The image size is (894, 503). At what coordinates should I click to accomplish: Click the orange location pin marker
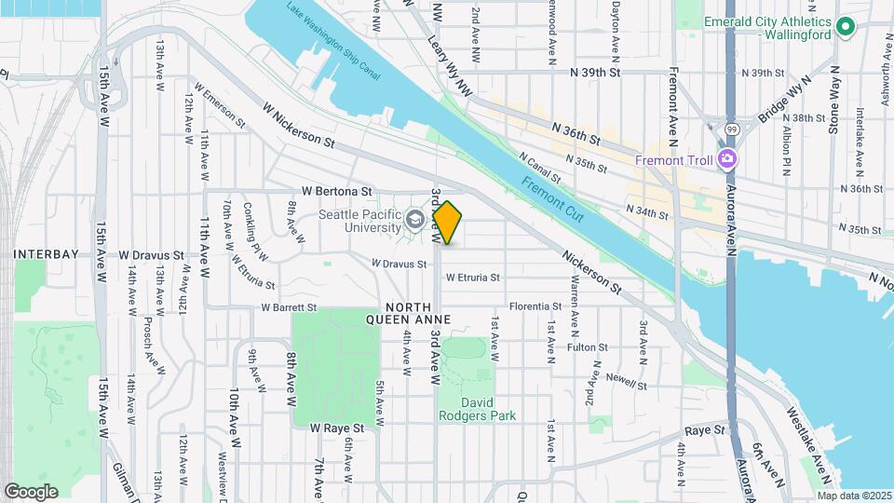coord(448,223)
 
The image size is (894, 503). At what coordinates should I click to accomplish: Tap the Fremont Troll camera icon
coord(725,159)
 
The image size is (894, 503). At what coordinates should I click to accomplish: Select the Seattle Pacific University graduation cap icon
coord(413,222)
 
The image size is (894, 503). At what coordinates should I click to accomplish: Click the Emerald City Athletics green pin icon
coord(845,28)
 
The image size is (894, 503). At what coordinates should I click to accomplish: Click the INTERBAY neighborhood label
coord(44,253)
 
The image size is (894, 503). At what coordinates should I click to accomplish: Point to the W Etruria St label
coord(472,278)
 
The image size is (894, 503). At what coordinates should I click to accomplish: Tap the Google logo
coord(31,491)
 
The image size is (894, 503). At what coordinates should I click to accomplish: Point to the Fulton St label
coord(587,347)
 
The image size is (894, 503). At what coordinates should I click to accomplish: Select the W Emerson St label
coord(219,108)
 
